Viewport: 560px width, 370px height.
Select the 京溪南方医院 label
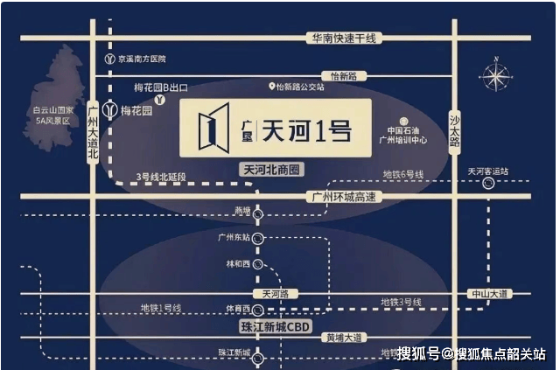click(141, 59)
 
